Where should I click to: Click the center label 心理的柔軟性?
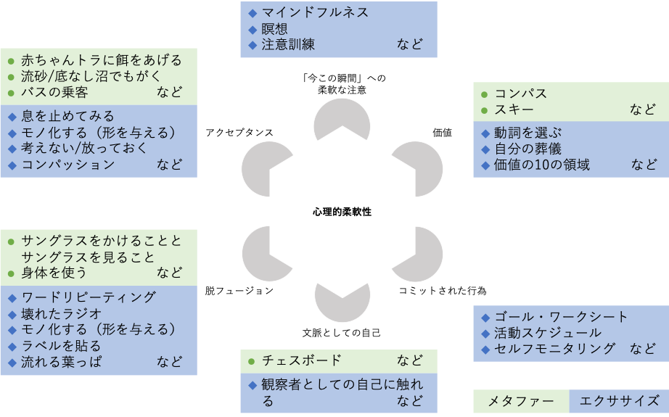click(342, 212)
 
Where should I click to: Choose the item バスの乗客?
click(54, 92)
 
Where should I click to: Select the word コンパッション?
click(67, 165)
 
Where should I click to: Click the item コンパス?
click(521, 94)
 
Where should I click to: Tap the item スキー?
click(514, 110)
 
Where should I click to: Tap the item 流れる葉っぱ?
click(61, 361)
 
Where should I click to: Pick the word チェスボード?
click(301, 360)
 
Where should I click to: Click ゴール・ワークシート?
click(561, 317)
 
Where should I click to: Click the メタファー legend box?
click(520, 401)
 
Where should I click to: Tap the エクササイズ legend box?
click(619, 401)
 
